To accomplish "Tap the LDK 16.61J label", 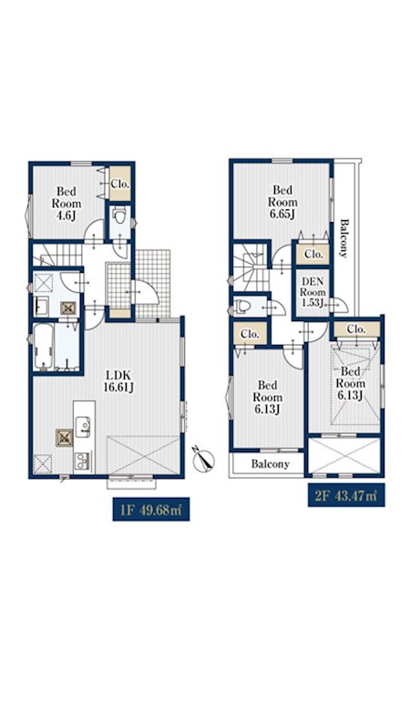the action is [x=119, y=381].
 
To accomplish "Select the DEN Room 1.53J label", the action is [x=313, y=292].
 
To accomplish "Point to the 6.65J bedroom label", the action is [x=282, y=202].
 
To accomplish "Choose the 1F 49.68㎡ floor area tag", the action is [x=151, y=510].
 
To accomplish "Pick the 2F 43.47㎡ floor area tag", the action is [x=346, y=495].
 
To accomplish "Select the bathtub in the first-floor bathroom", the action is [x=43, y=347].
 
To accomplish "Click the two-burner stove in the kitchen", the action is [x=83, y=462].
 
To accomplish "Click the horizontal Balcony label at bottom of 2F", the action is [x=270, y=463].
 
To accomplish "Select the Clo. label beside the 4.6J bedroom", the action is [x=120, y=184].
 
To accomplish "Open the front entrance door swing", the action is [x=145, y=292].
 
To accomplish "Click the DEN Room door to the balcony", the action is [x=337, y=305].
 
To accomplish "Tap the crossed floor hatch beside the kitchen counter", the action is [x=64, y=438].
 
